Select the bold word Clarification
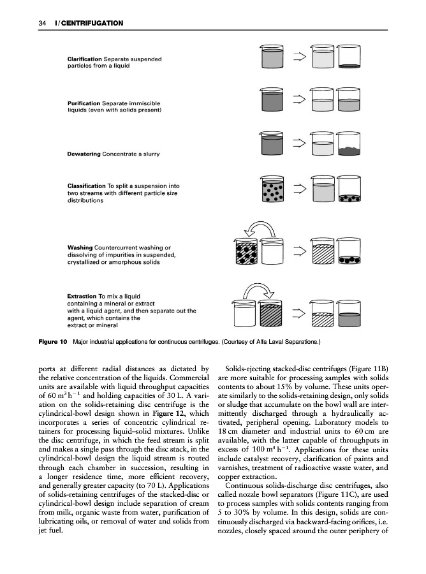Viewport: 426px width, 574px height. click(x=84, y=59)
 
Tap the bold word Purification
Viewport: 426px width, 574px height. click(x=83, y=103)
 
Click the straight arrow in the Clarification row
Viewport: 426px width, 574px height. click(x=297, y=58)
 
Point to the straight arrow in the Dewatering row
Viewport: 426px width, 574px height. click(x=297, y=145)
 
